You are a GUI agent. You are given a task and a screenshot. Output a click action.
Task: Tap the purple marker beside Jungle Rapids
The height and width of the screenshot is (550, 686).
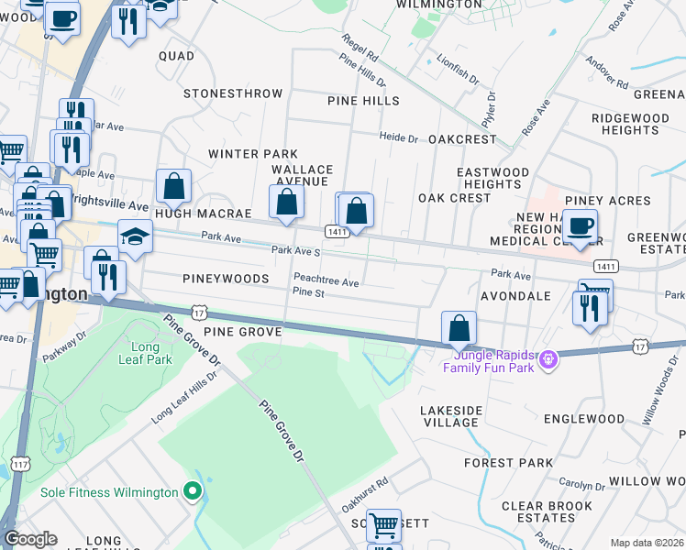[x=548, y=360]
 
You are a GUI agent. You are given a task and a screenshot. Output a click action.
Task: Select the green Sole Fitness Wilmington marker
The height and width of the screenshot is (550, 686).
[x=192, y=492]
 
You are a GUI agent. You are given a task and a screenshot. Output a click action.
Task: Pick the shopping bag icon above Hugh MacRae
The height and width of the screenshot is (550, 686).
[x=173, y=187]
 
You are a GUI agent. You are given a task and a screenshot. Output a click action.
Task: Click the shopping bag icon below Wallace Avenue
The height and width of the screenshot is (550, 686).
[x=286, y=202]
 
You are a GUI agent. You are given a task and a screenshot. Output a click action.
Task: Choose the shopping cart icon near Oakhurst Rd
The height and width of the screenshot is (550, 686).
[x=383, y=525]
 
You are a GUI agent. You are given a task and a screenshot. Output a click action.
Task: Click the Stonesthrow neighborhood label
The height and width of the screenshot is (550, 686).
[x=233, y=93]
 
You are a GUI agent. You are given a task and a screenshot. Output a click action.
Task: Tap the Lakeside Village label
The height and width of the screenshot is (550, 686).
[x=449, y=416]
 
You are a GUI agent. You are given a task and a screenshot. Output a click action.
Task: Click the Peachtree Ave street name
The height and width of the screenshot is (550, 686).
[x=326, y=282]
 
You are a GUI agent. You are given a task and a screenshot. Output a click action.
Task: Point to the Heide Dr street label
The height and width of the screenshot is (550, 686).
[x=399, y=137]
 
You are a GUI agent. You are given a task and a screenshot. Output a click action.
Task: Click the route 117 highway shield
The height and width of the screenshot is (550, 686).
[x=21, y=464]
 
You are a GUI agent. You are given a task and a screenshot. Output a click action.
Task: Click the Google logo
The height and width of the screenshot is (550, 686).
[x=30, y=539]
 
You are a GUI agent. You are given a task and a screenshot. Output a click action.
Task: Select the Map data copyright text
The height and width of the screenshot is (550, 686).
[x=647, y=543]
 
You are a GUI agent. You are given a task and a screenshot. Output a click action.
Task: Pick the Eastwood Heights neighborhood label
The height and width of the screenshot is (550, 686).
[x=492, y=178]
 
